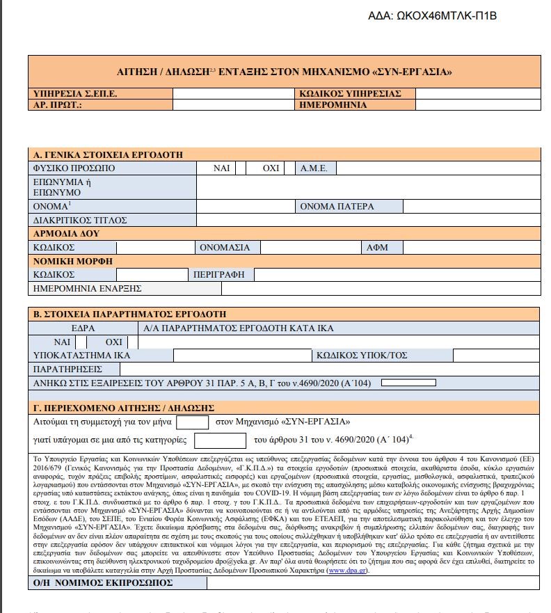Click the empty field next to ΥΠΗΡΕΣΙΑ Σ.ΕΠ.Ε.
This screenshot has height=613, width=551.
click(x=233, y=93)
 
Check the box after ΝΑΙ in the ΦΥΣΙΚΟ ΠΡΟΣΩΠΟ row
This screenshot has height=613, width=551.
click(x=241, y=168)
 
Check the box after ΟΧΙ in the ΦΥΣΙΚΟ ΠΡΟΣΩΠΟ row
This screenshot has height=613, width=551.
click(x=288, y=168)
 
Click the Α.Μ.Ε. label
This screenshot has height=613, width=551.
click(x=316, y=168)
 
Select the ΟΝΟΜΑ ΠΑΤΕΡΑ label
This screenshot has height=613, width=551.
click(x=337, y=206)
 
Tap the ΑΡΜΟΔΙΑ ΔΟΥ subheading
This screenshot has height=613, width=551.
click(x=67, y=234)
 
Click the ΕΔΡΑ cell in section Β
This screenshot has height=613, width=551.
click(x=82, y=328)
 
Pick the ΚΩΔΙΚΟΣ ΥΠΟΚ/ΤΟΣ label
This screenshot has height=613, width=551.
click(x=361, y=355)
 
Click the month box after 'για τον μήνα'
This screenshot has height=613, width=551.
click(x=193, y=422)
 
